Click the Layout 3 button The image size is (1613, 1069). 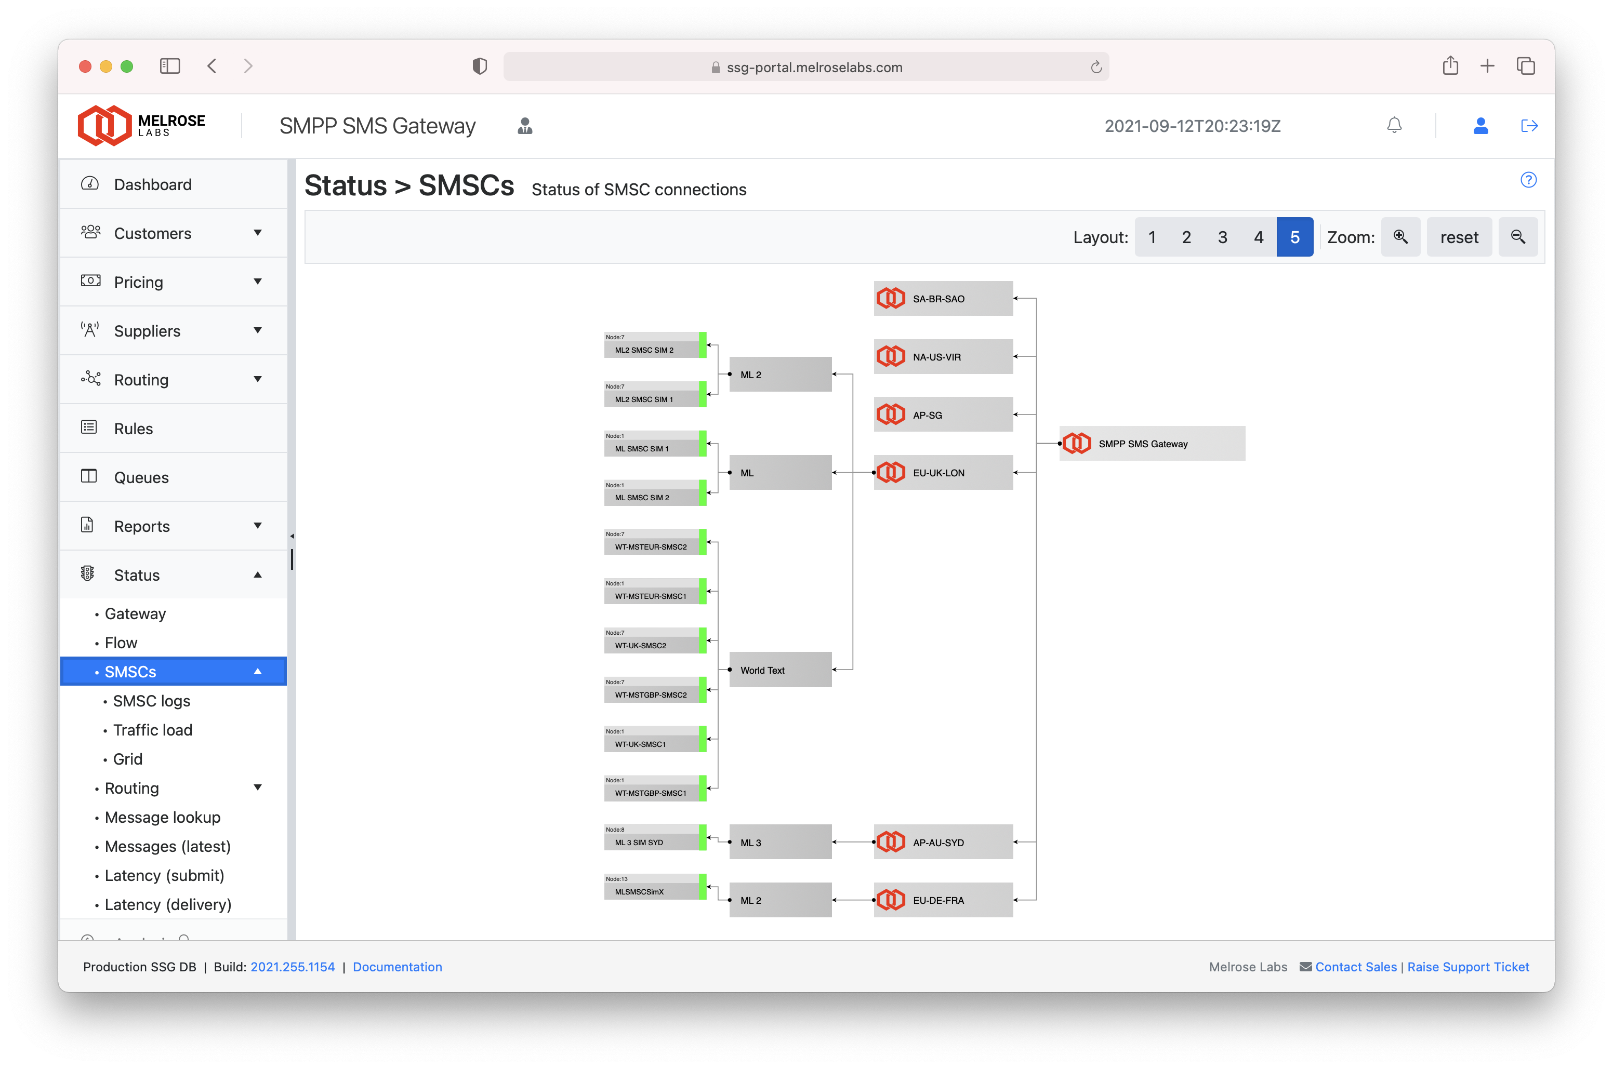tap(1222, 237)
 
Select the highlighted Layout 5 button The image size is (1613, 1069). tap(1294, 237)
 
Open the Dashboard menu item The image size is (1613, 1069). tap(153, 185)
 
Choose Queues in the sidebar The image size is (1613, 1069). tap(141, 477)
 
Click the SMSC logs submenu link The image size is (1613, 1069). tap(151, 701)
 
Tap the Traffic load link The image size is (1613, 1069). tap(153, 730)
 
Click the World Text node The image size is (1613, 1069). tap(780, 670)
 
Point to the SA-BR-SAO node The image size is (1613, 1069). tap(943, 299)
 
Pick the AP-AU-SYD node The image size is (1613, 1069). tap(943, 843)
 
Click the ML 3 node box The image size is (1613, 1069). tap(780, 843)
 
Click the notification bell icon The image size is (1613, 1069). tap(1394, 126)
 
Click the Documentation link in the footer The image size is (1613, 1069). tap(397, 967)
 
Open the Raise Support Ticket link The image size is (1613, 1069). tap(1467, 967)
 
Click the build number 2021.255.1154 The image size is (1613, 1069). tap(293, 967)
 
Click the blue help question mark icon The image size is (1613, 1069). tap(1528, 180)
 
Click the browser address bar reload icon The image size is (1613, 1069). tap(1096, 67)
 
